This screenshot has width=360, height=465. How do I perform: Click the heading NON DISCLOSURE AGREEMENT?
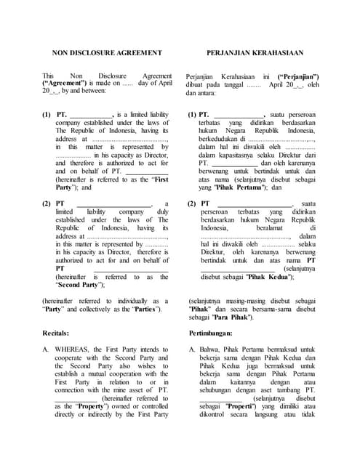[107, 52]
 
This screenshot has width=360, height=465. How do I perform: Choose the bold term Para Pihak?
[230, 318]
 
